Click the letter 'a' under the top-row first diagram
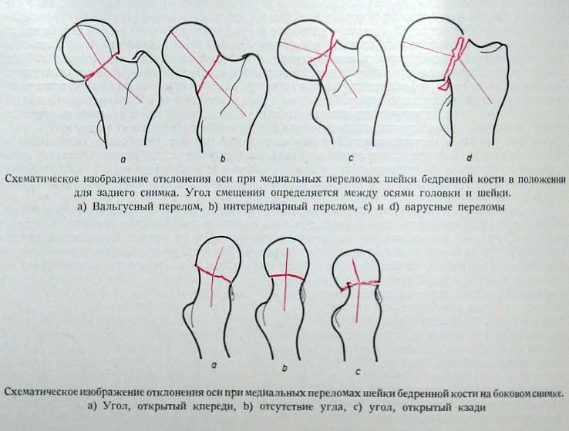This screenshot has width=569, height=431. pos(123,159)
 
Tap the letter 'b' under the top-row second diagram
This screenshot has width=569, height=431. pos(223,159)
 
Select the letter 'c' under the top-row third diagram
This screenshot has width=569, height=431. pos(351,159)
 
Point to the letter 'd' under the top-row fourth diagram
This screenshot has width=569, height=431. pos(470,158)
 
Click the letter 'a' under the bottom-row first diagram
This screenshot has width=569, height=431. pos(214,365)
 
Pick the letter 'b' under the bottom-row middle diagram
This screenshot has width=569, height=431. pos(284,368)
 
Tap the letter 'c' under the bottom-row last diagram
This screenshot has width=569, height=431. pos(359,372)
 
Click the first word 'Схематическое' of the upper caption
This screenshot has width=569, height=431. pos(42,179)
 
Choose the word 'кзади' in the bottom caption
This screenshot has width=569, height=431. pos(470,407)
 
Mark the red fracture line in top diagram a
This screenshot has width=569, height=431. pos(101,66)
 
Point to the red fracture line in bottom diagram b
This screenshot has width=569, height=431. pos(287,277)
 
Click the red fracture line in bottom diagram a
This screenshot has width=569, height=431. pos(213,274)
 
